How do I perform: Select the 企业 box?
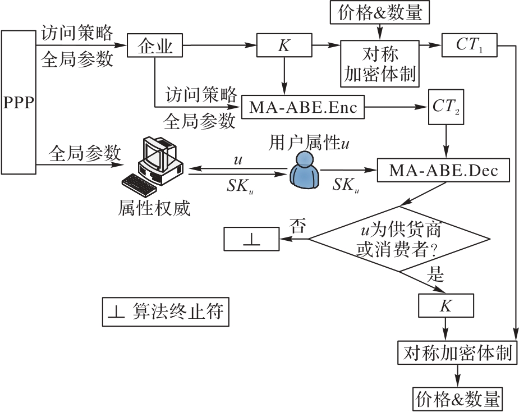[155, 45]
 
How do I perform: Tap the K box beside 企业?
[284, 45]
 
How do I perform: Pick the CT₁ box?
[469, 45]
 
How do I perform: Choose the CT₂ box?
[446, 105]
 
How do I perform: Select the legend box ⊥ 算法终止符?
[167, 312]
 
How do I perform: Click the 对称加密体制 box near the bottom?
[457, 353]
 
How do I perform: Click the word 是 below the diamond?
[435, 274]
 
